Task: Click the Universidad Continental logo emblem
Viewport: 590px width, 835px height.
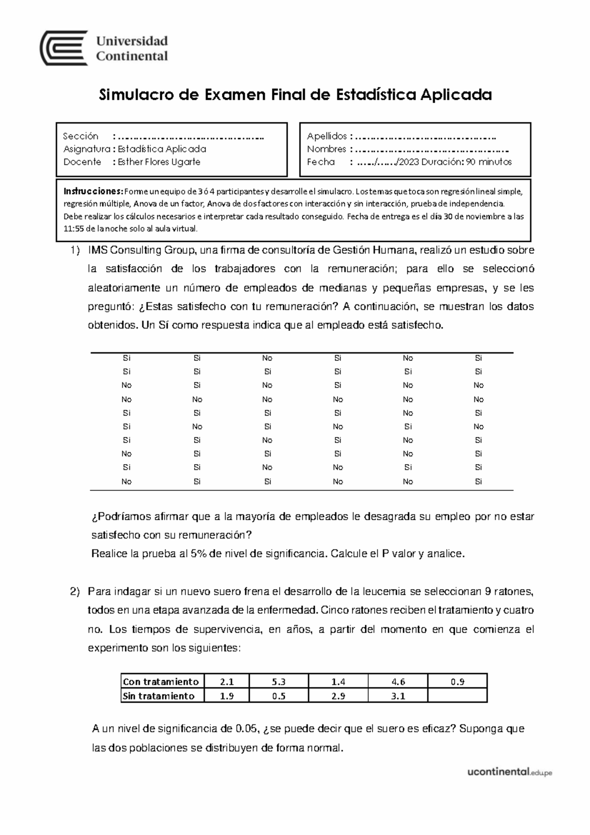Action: click(63, 48)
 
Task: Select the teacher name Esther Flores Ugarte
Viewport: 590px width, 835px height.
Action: click(159, 162)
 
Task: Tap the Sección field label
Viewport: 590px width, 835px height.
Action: click(81, 136)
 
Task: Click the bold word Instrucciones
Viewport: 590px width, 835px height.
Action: click(93, 191)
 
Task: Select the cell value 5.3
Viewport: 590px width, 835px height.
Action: click(278, 682)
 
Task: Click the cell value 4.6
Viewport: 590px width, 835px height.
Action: click(398, 682)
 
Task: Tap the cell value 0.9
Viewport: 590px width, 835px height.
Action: click(457, 682)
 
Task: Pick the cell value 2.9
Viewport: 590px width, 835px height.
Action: click(338, 696)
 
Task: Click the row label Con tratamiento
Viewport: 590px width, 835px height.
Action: click(161, 682)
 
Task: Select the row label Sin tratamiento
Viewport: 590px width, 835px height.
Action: click(158, 696)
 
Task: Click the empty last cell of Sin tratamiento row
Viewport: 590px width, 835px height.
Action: click(457, 696)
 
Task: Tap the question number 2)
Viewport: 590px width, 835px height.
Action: click(74, 592)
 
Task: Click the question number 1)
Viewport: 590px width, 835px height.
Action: click(74, 250)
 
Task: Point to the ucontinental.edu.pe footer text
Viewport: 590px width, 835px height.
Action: click(509, 773)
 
